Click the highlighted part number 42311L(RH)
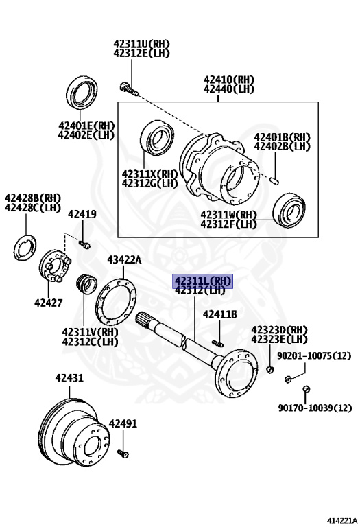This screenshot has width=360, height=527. pos(202,281)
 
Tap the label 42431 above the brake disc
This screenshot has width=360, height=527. pos(69,378)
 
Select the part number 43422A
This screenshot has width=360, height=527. pos(124,260)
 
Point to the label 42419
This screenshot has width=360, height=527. pos(82,214)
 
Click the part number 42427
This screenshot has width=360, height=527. pos(49,303)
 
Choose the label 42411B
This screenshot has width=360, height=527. pos(220,314)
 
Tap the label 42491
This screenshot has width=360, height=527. pos(123,424)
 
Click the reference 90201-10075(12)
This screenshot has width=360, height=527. pos(314,355)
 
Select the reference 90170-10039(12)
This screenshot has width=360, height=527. pos(315,408)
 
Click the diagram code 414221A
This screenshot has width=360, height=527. pos(342,521)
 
